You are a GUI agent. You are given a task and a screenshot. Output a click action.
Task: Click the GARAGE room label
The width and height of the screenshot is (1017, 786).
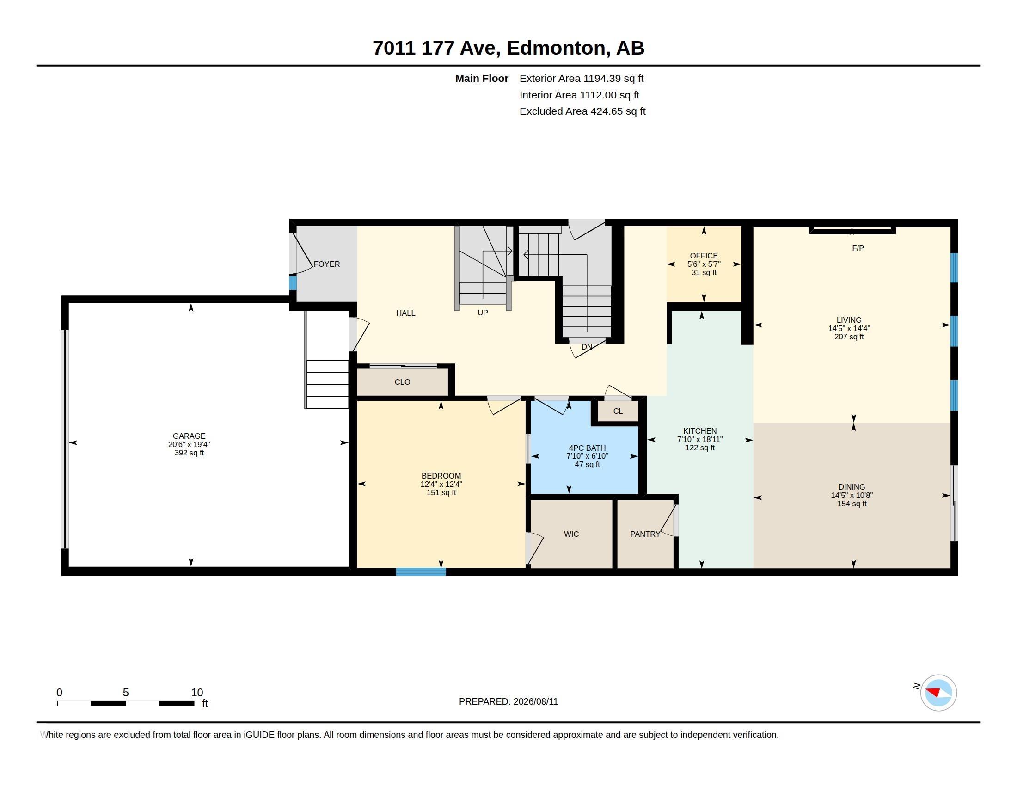[x=189, y=436]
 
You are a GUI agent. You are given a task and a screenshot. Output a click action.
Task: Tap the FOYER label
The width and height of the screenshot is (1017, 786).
[x=326, y=264]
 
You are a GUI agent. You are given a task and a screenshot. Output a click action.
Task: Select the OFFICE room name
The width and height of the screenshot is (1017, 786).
[x=704, y=256]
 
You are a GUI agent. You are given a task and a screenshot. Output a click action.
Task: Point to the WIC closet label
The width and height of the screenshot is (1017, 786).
[x=571, y=534]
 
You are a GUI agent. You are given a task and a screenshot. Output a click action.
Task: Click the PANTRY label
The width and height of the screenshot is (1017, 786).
[x=645, y=534]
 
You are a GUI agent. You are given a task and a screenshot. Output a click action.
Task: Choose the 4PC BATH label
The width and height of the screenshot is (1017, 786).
[x=587, y=448]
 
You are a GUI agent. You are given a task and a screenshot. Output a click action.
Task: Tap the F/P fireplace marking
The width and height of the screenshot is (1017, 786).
[x=858, y=248]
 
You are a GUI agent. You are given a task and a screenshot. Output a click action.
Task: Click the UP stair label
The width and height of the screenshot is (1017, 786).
[x=483, y=313]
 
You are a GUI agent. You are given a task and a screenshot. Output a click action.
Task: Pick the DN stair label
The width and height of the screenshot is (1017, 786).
[x=587, y=347]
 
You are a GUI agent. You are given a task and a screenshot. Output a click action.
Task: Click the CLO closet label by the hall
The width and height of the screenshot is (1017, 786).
[x=402, y=382]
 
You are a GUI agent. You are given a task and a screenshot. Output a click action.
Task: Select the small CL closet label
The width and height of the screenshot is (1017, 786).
[x=618, y=411]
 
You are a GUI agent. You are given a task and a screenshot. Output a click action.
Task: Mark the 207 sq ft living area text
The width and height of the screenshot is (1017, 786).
[x=849, y=337]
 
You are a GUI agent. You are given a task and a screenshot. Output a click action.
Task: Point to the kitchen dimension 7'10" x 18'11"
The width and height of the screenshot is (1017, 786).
[x=700, y=439]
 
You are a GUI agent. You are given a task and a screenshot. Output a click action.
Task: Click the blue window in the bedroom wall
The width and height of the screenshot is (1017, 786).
[x=421, y=572]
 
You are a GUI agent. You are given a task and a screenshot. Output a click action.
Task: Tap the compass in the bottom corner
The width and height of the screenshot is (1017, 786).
[x=938, y=693]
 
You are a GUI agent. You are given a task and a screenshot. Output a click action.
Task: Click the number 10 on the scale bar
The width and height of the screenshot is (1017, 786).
[x=197, y=693]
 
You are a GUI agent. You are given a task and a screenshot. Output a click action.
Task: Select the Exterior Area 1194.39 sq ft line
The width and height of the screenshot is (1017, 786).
[x=582, y=79]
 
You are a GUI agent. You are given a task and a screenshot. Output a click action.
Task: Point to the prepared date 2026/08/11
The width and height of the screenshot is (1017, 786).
[x=535, y=701]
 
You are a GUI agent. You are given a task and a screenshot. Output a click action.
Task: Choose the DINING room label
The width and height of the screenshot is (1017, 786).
[x=852, y=487]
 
